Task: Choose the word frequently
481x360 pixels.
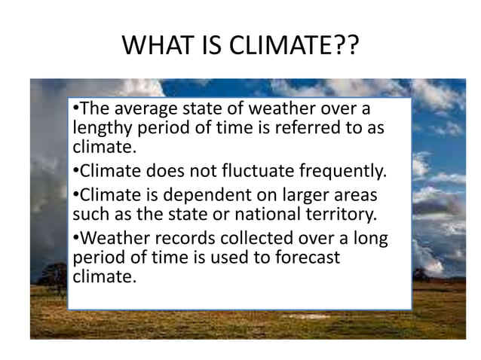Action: click(x=347, y=170)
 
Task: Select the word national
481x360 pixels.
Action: click(x=264, y=213)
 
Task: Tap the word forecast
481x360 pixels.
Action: click(x=310, y=257)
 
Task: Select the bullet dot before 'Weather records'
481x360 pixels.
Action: click(x=76, y=239)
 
